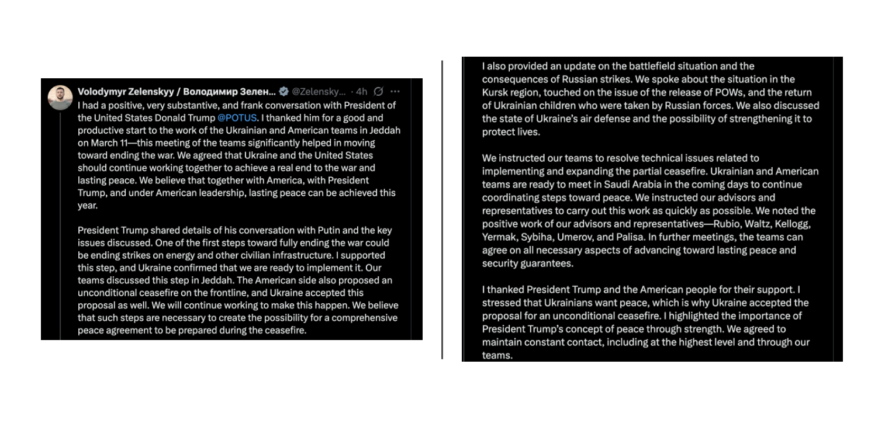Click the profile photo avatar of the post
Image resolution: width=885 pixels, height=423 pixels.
[x=61, y=98]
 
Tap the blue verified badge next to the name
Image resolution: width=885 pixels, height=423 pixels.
[x=284, y=92]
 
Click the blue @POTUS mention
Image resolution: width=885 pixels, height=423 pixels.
[x=237, y=117]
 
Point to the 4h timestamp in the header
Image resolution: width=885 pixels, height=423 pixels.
[x=362, y=92]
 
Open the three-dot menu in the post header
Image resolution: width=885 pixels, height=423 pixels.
[x=395, y=92]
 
